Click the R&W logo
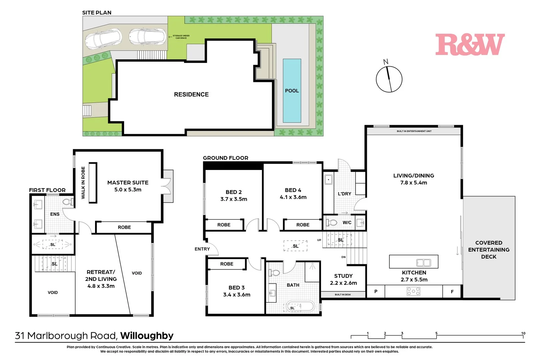click(x=470, y=45)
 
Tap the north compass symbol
click(x=389, y=79)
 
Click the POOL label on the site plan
click(x=292, y=91)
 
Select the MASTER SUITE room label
click(x=128, y=183)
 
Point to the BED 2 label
click(x=233, y=192)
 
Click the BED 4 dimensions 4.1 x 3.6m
click(x=293, y=197)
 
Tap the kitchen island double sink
click(x=424, y=263)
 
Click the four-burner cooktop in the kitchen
click(x=413, y=291)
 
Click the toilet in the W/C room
click(x=332, y=222)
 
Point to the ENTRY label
click(x=202, y=249)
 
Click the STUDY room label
click(x=343, y=276)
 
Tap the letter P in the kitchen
click(x=376, y=292)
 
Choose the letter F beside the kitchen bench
click(x=452, y=292)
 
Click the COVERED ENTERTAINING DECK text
click(x=489, y=250)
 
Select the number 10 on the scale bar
click(x=523, y=333)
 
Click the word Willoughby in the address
click(x=147, y=336)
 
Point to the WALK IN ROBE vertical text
click(x=83, y=183)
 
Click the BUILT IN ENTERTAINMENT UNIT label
click(x=414, y=131)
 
